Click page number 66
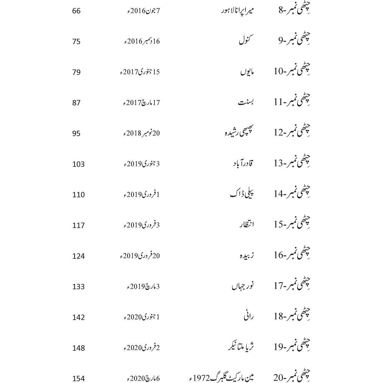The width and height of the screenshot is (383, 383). pos(76,11)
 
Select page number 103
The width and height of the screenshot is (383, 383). pos(78,164)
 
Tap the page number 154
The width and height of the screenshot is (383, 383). pos(78,378)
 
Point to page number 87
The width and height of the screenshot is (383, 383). pos(76,103)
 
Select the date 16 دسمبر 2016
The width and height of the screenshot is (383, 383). pos(140,41)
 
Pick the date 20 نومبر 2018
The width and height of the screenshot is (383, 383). pos(140,133)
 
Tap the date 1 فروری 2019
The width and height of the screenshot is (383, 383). pos(140,195)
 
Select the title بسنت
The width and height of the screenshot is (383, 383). pos(247,103)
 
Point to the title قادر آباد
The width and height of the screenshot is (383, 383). pos(243,164)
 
